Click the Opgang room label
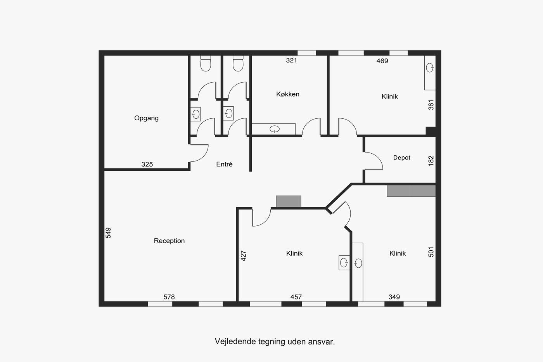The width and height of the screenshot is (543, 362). [147, 118]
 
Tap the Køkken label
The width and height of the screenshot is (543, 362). [288, 94]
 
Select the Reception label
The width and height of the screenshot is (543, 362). [169, 241]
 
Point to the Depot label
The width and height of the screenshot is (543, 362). [402, 158]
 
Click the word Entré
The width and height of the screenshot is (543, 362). [224, 164]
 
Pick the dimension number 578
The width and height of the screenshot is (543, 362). [169, 297]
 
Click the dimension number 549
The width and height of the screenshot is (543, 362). [108, 233]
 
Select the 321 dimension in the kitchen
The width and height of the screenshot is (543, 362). [291, 60]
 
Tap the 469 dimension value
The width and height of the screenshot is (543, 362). [382, 61]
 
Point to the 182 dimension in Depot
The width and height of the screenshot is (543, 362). [431, 161]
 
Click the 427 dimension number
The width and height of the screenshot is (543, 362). [244, 256]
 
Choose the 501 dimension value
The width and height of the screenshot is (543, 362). [431, 252]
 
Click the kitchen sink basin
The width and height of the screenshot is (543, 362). [275, 129]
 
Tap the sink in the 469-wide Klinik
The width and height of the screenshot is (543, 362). [430, 68]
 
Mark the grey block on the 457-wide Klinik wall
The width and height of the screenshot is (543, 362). [289, 201]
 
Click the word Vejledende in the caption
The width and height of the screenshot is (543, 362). [235, 341]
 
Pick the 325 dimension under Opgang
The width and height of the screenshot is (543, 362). [147, 164]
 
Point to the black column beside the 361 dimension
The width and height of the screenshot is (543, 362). [431, 131]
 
